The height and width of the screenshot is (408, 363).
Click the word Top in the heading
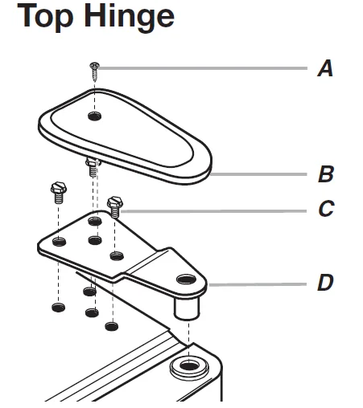point(45,17)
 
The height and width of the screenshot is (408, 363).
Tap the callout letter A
point(325,68)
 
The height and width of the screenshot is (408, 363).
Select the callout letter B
point(326,174)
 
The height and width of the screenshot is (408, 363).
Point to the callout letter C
point(326,208)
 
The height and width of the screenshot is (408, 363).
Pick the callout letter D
point(325,282)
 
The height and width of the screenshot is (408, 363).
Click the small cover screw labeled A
point(94,71)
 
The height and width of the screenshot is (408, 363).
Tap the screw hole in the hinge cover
point(95,116)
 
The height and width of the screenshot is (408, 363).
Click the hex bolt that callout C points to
point(115,206)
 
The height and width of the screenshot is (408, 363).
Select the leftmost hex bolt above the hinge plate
point(59,193)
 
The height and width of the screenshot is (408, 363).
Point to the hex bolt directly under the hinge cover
point(93,167)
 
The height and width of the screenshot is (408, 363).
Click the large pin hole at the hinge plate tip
point(186,279)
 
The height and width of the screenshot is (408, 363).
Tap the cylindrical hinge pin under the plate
point(187,308)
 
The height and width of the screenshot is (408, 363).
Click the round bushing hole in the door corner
point(189,365)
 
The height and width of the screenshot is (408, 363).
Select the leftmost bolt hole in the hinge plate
point(60,242)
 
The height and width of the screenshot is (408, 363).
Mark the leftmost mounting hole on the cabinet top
point(59,308)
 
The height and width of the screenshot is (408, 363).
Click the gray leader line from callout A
point(204,68)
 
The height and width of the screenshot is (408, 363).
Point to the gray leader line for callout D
point(258,284)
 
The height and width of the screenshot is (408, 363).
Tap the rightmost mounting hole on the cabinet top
point(112,326)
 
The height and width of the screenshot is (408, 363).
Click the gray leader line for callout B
point(258,174)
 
